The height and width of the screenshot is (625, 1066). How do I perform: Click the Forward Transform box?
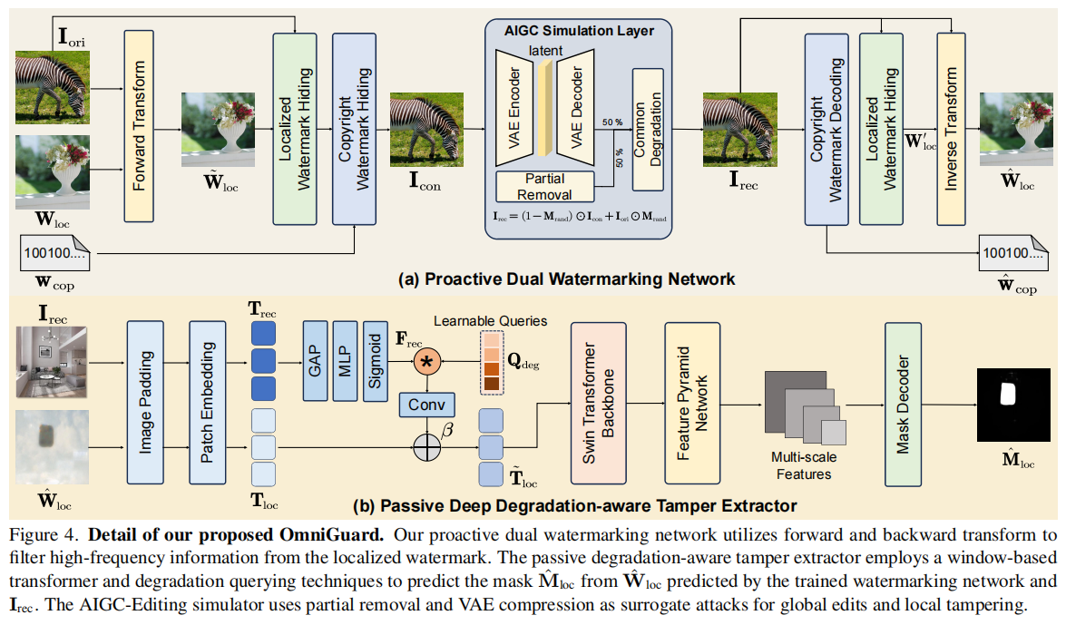[x=140, y=125]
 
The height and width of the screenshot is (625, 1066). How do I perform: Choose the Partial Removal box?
[x=544, y=186]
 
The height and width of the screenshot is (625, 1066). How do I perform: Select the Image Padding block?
[x=145, y=402]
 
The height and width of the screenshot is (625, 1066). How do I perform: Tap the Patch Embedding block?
[x=208, y=402]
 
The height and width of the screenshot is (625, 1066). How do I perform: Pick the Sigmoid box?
[x=376, y=360]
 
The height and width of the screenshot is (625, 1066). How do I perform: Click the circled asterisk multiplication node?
[x=426, y=362]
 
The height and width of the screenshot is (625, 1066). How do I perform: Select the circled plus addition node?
[x=426, y=446]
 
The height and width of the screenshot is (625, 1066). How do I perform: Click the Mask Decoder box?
[x=902, y=403]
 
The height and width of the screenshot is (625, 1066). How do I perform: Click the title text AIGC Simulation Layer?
[x=578, y=31]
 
